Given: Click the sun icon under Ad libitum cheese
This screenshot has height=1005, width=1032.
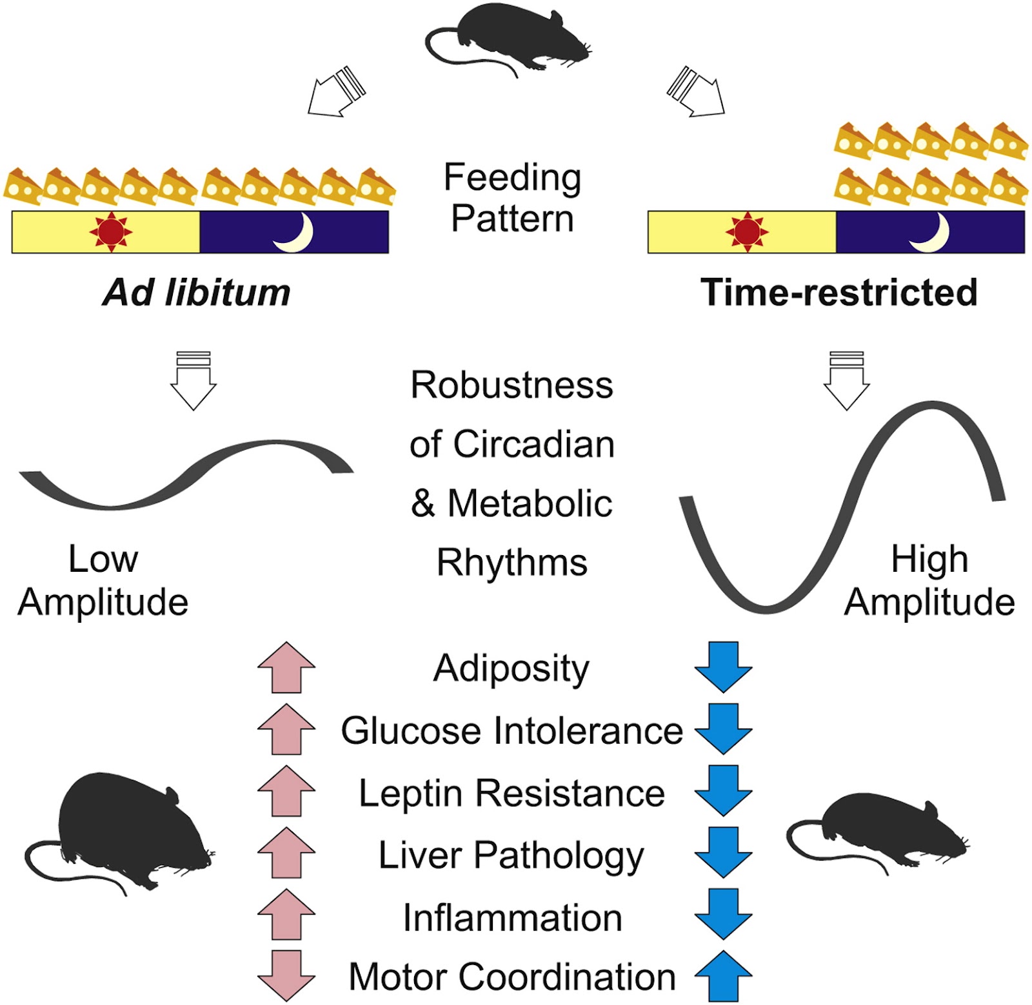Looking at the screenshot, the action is pos(110,231).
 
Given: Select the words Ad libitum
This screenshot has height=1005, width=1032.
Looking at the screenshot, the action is pos(197,293).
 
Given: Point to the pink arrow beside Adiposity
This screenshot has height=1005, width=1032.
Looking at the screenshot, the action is pos(286,667).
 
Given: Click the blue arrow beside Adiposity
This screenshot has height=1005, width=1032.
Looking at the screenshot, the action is pos(723,667).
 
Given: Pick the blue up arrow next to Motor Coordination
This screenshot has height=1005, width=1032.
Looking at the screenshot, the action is pos(723,976).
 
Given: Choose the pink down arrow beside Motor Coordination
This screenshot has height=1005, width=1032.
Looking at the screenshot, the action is pos(286,976).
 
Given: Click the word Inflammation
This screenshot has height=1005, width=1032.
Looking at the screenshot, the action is pos(513,917).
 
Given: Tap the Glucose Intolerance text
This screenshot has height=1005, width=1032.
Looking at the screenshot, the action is pos(512,731).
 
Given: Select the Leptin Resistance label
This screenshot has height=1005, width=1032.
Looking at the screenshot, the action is pos(512,793).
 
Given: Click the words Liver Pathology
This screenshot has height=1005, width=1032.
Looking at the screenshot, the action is pos(511,856).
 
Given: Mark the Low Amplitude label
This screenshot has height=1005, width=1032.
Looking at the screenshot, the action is pos(103,580).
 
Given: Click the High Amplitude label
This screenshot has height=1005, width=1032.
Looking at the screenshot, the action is pos(929,580).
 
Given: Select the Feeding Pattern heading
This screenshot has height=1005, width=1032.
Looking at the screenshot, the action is pos(513,197).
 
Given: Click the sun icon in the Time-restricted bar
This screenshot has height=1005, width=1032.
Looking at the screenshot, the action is pos(747,231).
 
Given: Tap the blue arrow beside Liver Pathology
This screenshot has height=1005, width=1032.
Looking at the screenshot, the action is pos(723,852).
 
